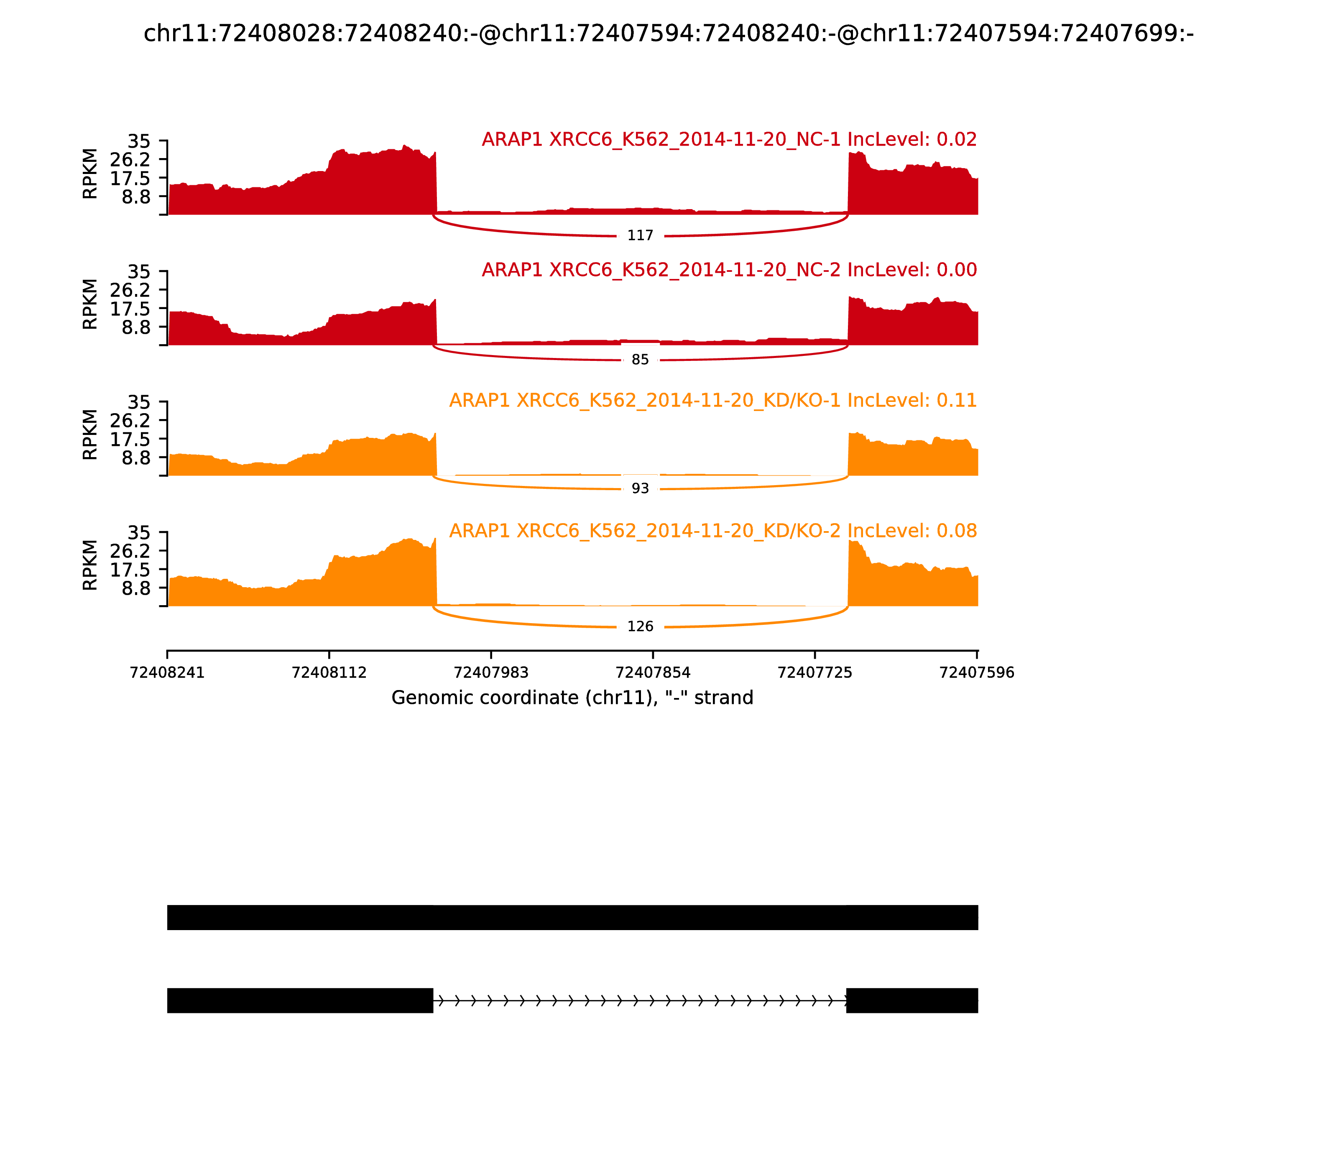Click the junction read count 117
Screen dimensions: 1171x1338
coord(640,236)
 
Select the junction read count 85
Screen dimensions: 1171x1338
coord(640,360)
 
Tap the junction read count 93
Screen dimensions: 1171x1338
coord(640,489)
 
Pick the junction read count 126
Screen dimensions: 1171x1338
coord(640,626)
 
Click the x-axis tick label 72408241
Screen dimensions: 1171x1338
coord(167,673)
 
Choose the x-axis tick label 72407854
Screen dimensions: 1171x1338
coord(653,673)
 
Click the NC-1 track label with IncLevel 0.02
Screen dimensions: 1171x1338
coord(729,140)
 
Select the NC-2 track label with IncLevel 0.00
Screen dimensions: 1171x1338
coord(729,270)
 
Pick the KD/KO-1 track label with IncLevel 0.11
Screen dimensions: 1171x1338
coord(713,401)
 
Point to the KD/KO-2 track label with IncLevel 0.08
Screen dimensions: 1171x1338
coord(713,531)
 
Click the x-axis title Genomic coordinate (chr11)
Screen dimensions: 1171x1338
coord(572,698)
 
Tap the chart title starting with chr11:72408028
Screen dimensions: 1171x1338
coord(668,33)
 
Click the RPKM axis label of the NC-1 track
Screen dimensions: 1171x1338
coord(90,174)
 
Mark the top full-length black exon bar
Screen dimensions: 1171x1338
coord(572,918)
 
